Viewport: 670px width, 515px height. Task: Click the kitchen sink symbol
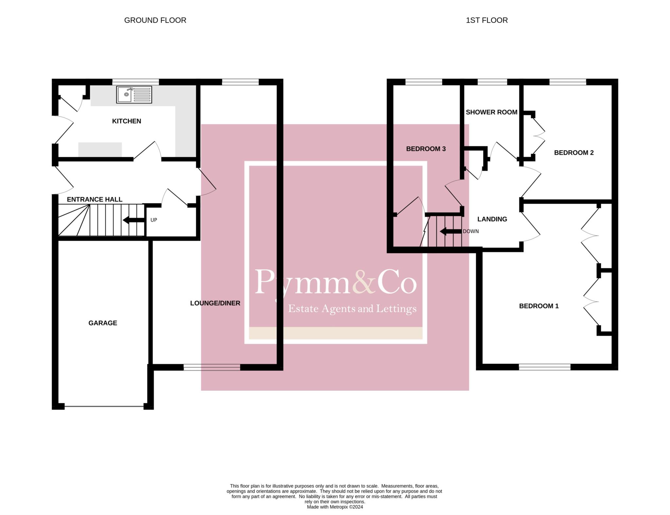134,94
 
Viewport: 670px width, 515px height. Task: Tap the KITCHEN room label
127,121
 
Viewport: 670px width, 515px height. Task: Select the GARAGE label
103,323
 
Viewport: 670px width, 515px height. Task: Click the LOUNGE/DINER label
215,303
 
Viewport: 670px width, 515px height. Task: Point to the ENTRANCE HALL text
95,199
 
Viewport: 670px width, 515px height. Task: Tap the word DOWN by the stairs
470,231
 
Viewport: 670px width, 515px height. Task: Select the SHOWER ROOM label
491,112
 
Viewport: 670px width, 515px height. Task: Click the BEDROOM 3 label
426,149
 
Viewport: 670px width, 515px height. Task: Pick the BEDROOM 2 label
573,153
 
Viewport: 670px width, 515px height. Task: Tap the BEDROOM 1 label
539,306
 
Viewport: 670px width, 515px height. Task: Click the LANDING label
492,219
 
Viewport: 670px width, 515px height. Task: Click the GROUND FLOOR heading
155,20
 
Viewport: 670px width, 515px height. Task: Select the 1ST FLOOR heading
486,20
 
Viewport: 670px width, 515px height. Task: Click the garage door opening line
104,407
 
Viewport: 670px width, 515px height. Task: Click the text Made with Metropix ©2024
335,507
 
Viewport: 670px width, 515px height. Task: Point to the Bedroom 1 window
544,367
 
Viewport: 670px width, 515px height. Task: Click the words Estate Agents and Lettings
352,309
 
